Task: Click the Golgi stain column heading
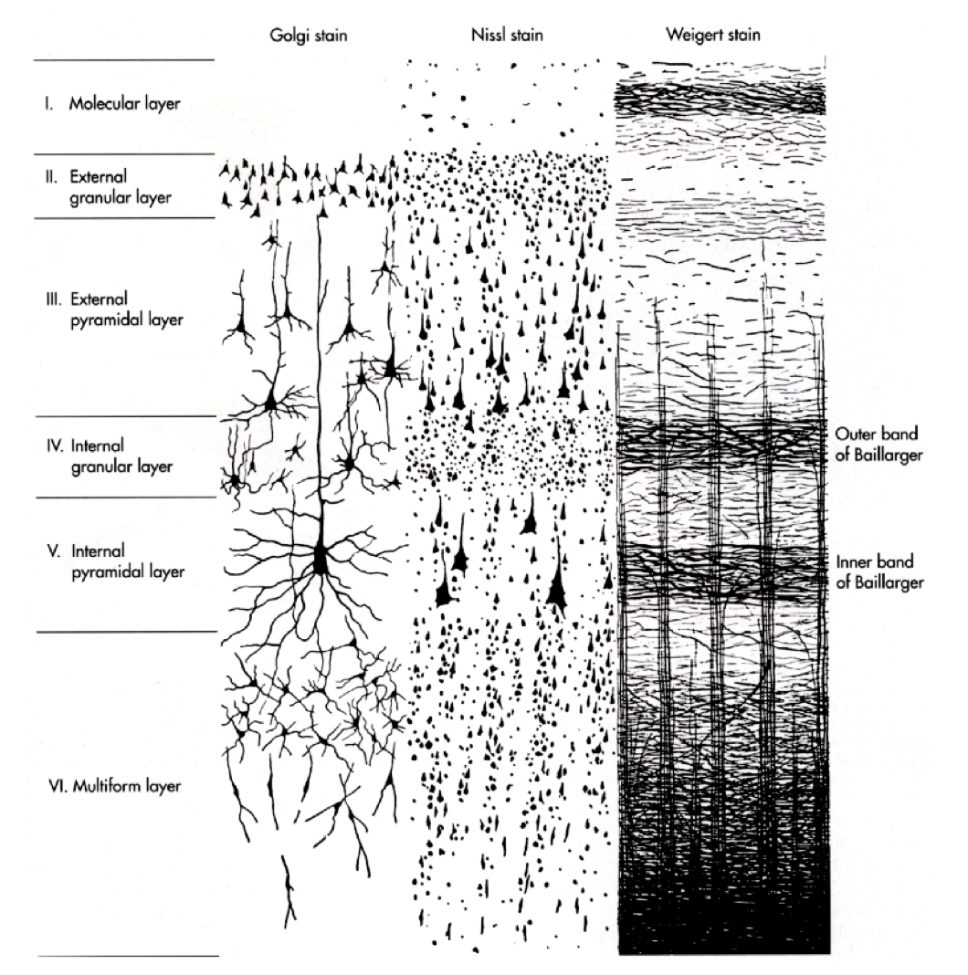[291, 37]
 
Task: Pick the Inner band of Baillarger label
[876, 571]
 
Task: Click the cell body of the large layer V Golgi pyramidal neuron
[321, 559]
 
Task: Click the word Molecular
[103, 104]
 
